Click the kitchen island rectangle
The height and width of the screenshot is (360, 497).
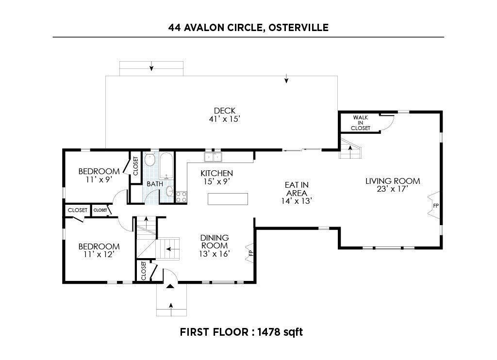pyautogui.click(x=228, y=199)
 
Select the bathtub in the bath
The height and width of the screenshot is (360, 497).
pyautogui.click(x=166, y=166)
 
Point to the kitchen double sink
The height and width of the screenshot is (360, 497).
pyautogui.click(x=213, y=157)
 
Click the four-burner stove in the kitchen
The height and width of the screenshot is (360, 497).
pyautogui.click(x=181, y=196)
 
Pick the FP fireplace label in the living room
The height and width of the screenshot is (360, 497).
pyautogui.click(x=436, y=206)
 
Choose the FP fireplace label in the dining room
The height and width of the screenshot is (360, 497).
pyautogui.click(x=251, y=253)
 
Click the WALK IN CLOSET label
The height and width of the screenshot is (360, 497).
pyautogui.click(x=361, y=123)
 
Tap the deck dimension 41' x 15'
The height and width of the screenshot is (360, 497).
pyautogui.click(x=224, y=119)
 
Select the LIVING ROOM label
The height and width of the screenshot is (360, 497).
pyautogui.click(x=393, y=181)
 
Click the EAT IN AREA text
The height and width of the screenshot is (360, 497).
pyautogui.click(x=297, y=189)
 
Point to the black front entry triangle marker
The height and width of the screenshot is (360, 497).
pyautogui.click(x=170, y=286)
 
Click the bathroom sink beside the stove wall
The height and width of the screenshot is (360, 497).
pyautogui.click(x=170, y=191)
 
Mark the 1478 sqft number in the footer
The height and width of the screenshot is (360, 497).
pyautogui.click(x=280, y=332)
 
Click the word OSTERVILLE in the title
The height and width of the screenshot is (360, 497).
pyautogui.click(x=298, y=28)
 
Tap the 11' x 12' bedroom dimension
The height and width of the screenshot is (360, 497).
pyautogui.click(x=99, y=254)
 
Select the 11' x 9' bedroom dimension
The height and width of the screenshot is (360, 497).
pyautogui.click(x=99, y=180)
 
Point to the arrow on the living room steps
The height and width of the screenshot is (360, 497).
pyautogui.click(x=350, y=151)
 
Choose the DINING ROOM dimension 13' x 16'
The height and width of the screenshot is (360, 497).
pyautogui.click(x=214, y=254)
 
